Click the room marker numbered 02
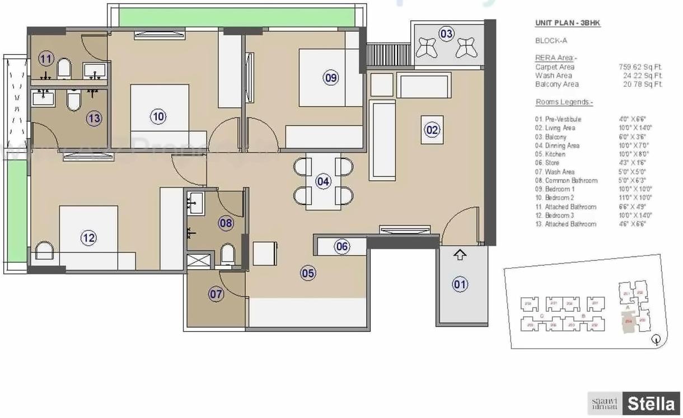coord(432,130)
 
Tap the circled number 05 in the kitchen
coord(308,273)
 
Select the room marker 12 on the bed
coord(88,238)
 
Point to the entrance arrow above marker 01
coord(460,255)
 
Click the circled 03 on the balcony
coord(446,34)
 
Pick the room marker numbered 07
coord(216,294)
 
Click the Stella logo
coord(651,403)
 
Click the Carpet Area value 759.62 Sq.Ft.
coord(640,67)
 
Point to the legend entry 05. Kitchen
coord(551,154)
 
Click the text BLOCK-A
coord(551,41)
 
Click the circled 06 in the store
coord(342,246)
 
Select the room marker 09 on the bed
coord(331,78)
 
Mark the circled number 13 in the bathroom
coord(94,118)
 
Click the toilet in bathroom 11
coord(64,69)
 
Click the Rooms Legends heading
coord(564,102)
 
